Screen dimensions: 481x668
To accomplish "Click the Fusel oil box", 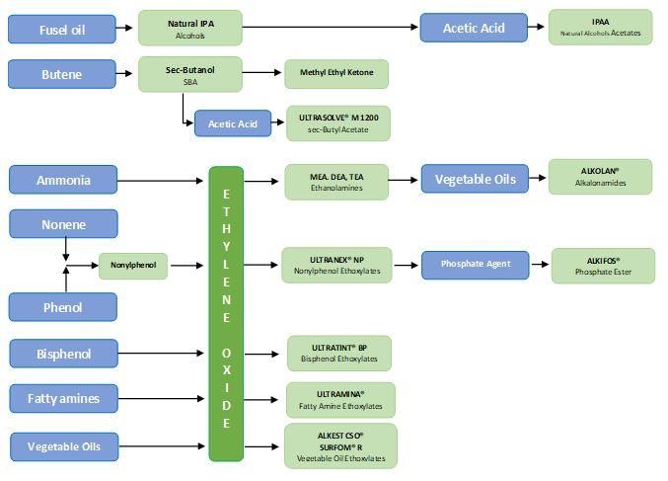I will (62, 29).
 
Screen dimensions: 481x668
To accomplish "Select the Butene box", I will (62, 74).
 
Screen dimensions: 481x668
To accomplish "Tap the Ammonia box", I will (63, 180).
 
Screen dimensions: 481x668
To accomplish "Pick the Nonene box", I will (63, 224).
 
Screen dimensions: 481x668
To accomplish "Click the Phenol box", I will (63, 306).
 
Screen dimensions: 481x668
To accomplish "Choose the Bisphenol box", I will (63, 353).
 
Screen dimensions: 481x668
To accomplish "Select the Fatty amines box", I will (63, 398).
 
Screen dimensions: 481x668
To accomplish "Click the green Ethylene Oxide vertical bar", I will (226, 313).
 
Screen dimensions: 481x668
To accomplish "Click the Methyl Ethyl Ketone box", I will (336, 74).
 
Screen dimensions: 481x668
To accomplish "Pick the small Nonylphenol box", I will (133, 265).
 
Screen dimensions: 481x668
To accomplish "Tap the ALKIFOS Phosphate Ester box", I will (602, 265).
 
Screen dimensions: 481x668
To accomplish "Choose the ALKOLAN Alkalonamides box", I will (600, 177).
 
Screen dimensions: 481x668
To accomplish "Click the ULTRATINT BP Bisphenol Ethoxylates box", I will (338, 353).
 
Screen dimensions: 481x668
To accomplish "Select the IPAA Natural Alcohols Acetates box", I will (600, 28).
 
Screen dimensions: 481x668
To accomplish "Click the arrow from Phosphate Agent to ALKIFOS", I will (538, 265).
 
